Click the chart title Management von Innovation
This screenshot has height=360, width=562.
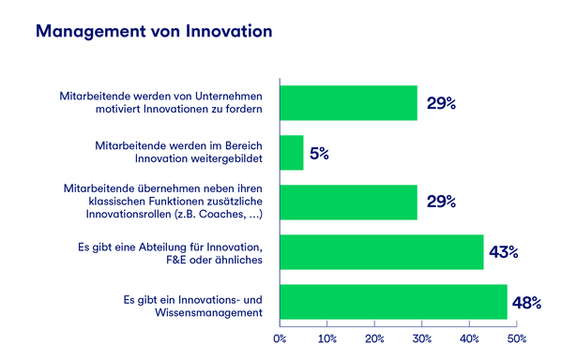coord(154,31)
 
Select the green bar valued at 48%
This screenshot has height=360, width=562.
coord(393,302)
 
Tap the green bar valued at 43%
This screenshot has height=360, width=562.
coord(381,252)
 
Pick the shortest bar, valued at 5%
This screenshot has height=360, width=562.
coord(292,153)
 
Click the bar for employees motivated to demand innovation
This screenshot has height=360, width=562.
coord(348,102)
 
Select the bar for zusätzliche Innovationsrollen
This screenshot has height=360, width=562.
coord(348,202)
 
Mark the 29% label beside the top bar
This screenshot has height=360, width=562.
coord(440,103)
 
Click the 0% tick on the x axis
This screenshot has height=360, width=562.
coord(279,337)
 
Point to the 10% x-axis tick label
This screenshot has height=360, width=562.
coord(327,337)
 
